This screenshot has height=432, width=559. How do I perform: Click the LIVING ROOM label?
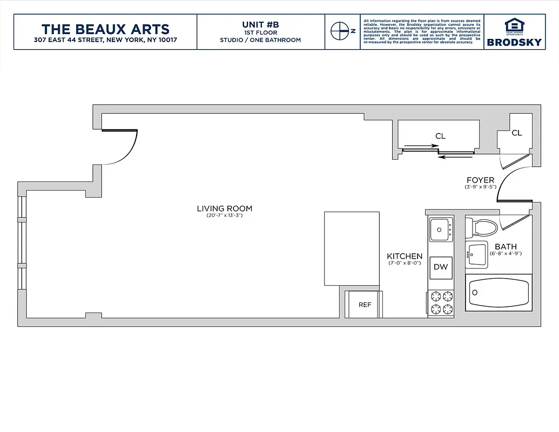tap(224, 208)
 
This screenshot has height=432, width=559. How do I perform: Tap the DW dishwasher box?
tap(441, 267)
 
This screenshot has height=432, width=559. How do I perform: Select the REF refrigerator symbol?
tap(365, 305)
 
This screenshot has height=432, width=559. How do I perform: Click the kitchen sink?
tap(441, 230)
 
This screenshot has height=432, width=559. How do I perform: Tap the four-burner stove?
tap(441, 303)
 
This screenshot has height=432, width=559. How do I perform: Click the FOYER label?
tap(481, 180)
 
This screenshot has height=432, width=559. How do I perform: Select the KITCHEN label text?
tap(405, 256)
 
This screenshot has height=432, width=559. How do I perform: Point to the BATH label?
tap(506, 247)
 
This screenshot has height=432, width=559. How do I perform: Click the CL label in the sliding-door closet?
tap(440, 137)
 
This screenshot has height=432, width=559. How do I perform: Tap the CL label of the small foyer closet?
tap(516, 133)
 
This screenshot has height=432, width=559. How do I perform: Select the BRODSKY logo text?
tap(514, 42)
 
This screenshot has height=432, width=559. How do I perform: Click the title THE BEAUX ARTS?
tap(105, 29)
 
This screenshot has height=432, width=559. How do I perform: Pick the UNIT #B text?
tap(260, 24)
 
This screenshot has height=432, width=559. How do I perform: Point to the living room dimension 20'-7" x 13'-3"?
tap(224, 216)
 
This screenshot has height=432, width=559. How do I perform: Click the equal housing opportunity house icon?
tap(514, 25)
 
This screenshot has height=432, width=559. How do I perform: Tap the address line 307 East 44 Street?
tap(105, 40)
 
